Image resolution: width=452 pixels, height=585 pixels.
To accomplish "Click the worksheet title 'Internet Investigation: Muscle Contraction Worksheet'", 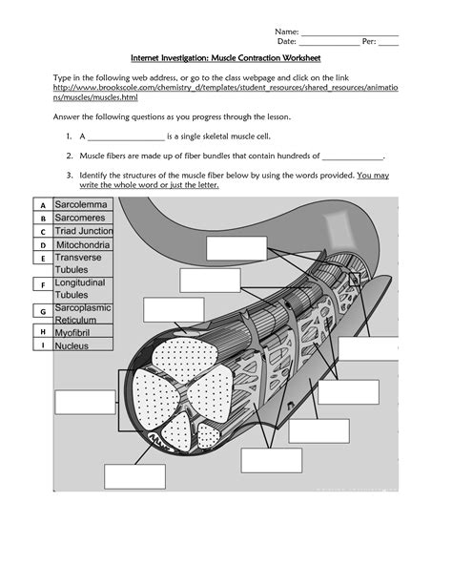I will click(x=225, y=58).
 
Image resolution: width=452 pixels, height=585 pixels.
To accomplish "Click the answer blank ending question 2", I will click(x=352, y=155).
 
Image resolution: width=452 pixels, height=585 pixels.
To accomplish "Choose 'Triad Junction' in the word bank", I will click(x=84, y=231).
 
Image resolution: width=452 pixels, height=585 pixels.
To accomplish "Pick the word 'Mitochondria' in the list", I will click(x=83, y=245).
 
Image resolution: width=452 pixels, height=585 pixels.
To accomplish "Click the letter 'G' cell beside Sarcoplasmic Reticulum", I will click(x=43, y=311).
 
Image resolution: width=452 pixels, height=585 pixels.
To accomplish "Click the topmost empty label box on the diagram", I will click(x=236, y=248).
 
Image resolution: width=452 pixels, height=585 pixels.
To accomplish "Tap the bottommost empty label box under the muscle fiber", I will click(x=134, y=476).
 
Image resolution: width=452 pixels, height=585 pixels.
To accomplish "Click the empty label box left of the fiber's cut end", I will click(x=84, y=402).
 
